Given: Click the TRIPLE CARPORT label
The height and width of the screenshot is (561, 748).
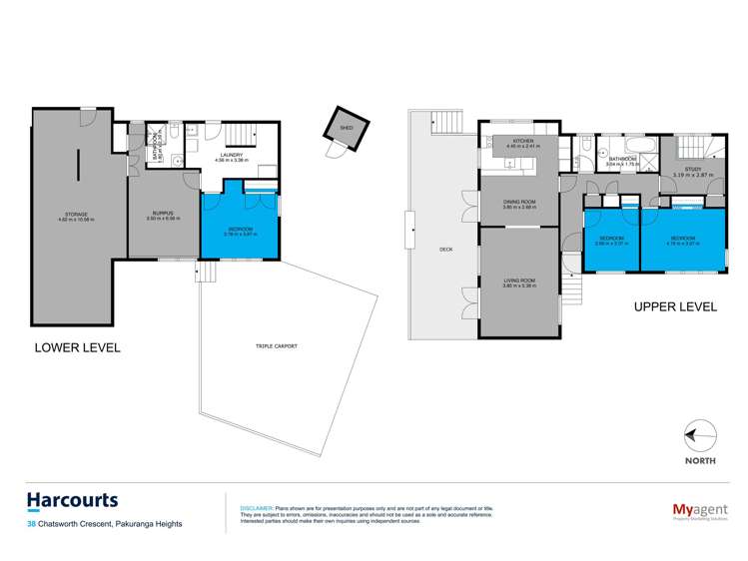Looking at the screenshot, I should click(x=278, y=345).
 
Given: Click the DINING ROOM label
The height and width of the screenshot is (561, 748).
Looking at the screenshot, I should click(x=519, y=202).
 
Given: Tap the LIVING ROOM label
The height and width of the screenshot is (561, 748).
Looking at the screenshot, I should click(x=519, y=280).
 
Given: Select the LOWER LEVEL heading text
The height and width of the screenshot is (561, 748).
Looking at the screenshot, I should click(x=77, y=347).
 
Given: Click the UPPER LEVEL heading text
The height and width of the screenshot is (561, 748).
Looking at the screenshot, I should click(x=675, y=307).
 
